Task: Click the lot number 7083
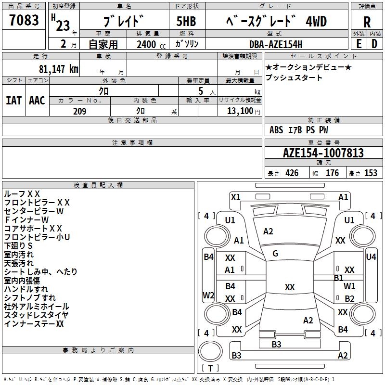25,21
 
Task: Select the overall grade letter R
367,23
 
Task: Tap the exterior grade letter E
359,43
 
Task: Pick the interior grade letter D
374,43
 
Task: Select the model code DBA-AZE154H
276,44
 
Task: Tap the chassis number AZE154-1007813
323,153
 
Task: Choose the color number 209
79,111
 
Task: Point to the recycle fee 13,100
240,111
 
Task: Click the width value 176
332,173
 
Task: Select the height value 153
371,173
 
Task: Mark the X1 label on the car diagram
236,197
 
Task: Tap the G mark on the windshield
275,253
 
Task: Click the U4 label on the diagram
371,257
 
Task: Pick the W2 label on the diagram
208,295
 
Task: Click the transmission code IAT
14,100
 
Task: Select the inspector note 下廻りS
19,245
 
